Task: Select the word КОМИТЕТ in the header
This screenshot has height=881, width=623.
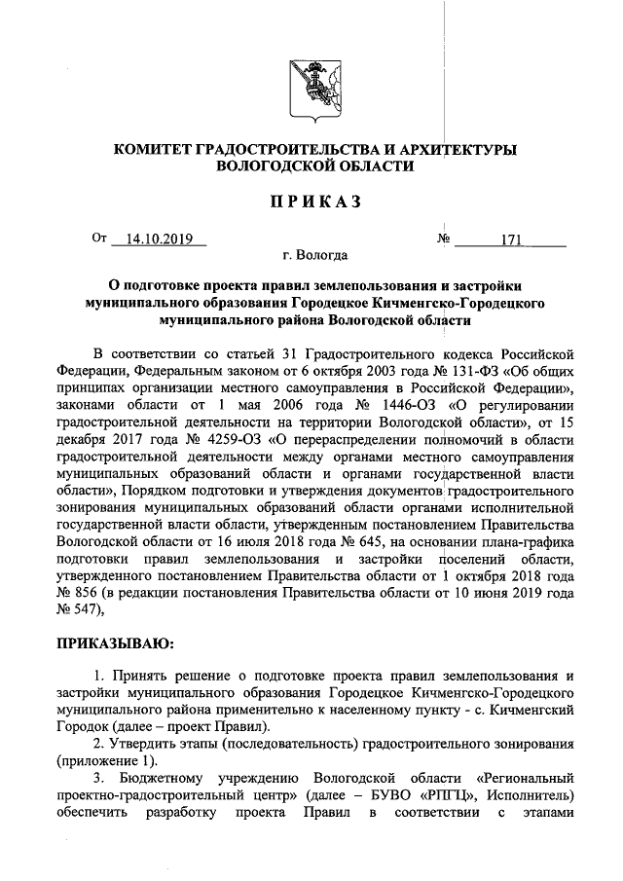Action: coord(153,149)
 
